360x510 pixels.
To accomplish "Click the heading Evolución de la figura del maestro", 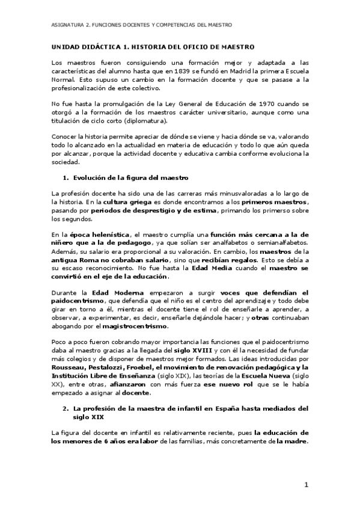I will tap(130, 177).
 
